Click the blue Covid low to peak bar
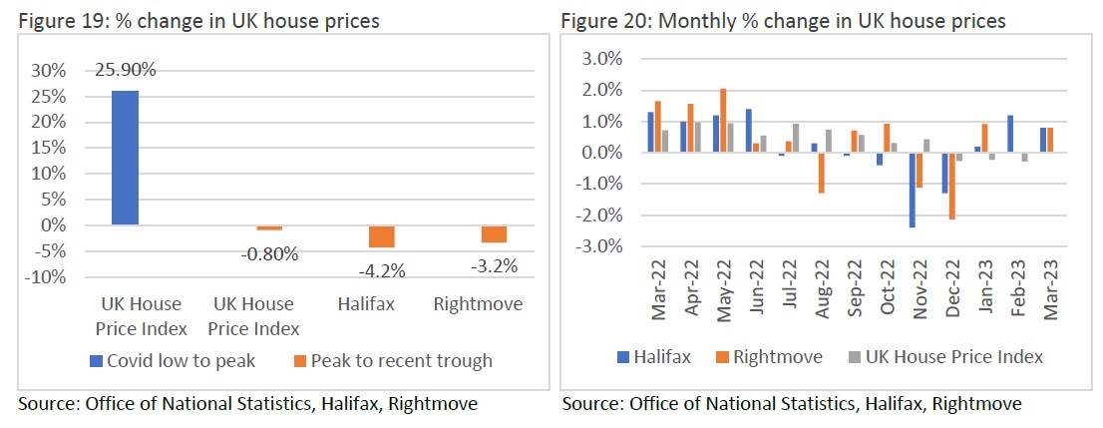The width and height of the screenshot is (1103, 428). pyautogui.click(x=125, y=158)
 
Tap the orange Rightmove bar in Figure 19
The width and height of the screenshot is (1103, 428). pyautogui.click(x=467, y=233)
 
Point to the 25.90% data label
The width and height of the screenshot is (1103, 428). pyautogui.click(x=125, y=70)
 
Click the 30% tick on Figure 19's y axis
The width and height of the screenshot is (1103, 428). pyautogui.click(x=50, y=71)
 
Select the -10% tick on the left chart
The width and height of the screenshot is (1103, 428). pyautogui.click(x=47, y=276)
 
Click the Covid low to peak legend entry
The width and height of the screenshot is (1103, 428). pyautogui.click(x=176, y=360)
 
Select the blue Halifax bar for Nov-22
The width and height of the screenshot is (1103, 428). pyautogui.click(x=912, y=191)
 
